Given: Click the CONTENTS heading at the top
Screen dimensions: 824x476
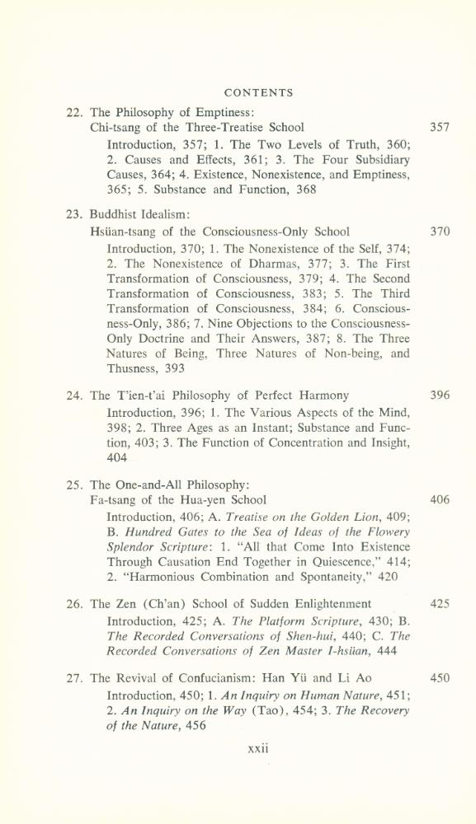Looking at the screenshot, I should [258, 93].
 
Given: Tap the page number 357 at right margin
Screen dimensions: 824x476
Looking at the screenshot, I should [440, 128].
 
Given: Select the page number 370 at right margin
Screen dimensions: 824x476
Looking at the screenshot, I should [440, 232].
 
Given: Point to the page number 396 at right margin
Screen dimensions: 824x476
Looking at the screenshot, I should [440, 396].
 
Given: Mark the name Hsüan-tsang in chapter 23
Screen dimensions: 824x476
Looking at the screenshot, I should [124, 232].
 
